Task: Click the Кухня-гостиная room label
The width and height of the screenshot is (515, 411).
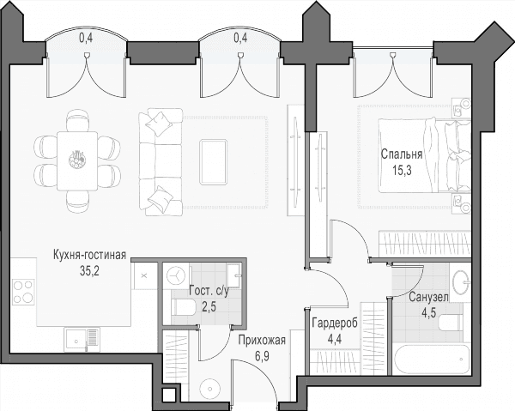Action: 89,255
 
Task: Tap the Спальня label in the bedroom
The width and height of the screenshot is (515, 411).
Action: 402,154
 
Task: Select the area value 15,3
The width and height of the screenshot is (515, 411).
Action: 402,170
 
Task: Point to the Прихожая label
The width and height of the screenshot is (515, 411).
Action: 262,340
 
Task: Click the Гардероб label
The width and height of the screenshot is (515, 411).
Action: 335,323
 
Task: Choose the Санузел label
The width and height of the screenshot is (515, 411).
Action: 428,297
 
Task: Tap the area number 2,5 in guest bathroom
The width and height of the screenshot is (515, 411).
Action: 209,308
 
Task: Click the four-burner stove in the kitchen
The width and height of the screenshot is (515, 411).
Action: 23,291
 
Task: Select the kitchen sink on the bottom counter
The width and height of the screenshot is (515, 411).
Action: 82,341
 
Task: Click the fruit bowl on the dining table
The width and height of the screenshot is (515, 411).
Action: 77,160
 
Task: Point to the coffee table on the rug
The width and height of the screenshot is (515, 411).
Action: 213,161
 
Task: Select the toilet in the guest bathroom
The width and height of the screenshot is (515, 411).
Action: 184,307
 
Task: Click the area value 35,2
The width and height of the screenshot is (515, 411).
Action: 89,271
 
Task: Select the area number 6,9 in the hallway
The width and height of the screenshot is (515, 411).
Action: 262,356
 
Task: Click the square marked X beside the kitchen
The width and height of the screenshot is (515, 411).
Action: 143,275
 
